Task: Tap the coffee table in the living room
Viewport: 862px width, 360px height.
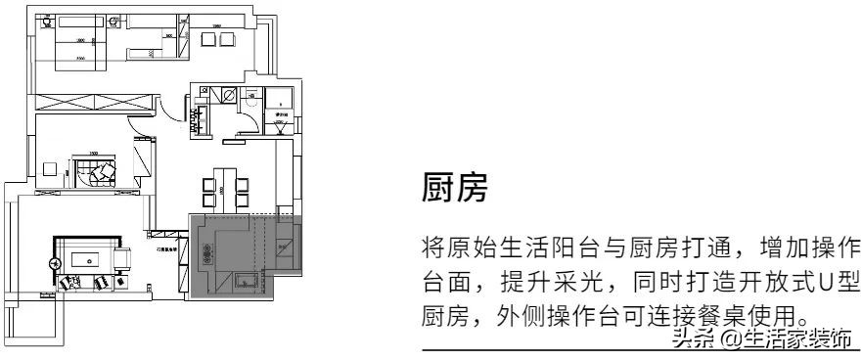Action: pyautogui.click(x=85, y=261)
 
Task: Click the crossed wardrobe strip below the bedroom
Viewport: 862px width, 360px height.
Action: pyautogui.click(x=93, y=100)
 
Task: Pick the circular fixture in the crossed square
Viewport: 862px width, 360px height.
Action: pyautogui.click(x=226, y=96)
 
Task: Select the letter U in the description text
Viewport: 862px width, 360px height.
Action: pyautogui.click(x=825, y=283)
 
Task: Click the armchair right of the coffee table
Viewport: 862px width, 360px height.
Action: pyautogui.click(x=124, y=259)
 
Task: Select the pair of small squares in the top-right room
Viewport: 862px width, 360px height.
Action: pyautogui.click(x=216, y=39)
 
